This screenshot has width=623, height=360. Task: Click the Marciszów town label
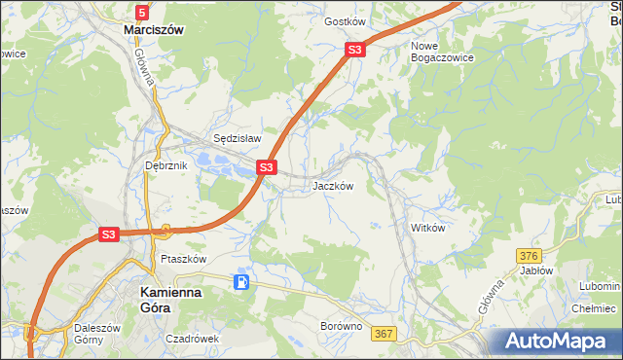154,30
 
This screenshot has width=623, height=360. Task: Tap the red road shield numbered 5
142,12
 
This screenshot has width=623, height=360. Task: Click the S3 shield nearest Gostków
355,50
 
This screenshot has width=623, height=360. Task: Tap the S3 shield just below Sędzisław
266,168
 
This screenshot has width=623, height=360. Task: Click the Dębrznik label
165,166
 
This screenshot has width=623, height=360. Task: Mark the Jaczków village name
331,185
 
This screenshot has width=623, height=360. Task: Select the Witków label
427,228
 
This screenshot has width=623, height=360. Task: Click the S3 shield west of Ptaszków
107,234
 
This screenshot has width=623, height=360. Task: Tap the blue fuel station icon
241,282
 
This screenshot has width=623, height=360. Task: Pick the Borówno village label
342,327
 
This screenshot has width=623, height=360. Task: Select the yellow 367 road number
384,334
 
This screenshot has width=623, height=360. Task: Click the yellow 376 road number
529,255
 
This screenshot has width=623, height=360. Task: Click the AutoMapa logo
558,342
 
